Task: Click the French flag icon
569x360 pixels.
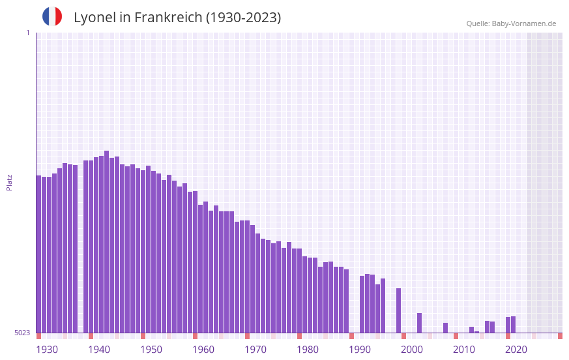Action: pyautogui.click(x=52, y=16)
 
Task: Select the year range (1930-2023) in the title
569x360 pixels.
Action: pyautogui.click(x=243, y=18)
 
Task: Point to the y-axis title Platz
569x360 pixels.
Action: pyautogui.click(x=9, y=182)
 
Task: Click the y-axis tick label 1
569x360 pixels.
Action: pyautogui.click(x=27, y=33)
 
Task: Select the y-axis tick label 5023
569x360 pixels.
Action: pyautogui.click(x=22, y=333)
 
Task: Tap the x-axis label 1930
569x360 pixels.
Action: pyautogui.click(x=47, y=350)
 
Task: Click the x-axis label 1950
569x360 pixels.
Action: pyautogui.click(x=151, y=350)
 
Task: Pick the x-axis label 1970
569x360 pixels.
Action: pyautogui.click(x=255, y=350)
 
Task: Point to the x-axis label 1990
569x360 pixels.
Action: pyautogui.click(x=360, y=350)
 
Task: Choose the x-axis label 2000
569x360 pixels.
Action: pyautogui.click(x=412, y=350)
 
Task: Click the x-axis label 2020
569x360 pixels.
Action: pyautogui.click(x=516, y=350)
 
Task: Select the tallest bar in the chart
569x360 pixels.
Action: pyautogui.click(x=107, y=241)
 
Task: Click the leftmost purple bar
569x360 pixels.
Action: pyautogui.click(x=39, y=254)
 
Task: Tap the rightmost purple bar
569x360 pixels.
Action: pyautogui.click(x=514, y=325)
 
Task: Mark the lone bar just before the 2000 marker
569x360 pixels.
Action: pyautogui.click(x=399, y=310)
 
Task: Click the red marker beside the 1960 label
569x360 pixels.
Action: pyautogui.click(x=195, y=336)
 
